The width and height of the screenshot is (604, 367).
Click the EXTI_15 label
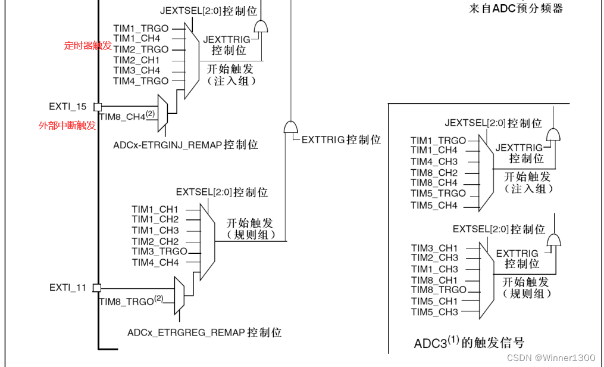click(x=67, y=107)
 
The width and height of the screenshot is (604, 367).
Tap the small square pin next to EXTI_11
click(x=97, y=288)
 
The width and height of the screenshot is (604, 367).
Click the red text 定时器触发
click(x=87, y=45)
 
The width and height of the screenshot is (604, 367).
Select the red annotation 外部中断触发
click(x=67, y=125)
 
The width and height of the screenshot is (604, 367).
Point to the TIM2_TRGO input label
click(x=141, y=49)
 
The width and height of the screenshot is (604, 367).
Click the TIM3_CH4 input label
click(x=137, y=70)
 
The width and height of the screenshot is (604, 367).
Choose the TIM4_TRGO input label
click(x=141, y=81)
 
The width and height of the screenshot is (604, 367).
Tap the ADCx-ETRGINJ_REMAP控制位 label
click(x=185, y=145)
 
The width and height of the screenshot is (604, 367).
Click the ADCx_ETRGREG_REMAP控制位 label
click(x=204, y=332)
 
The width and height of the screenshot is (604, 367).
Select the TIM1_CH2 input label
click(x=155, y=220)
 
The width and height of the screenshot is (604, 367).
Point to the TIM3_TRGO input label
click(x=159, y=251)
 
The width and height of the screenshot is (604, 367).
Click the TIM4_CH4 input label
click(x=155, y=262)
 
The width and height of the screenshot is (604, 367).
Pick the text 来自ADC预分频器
click(x=516, y=8)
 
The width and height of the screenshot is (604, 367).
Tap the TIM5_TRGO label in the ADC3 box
click(x=438, y=194)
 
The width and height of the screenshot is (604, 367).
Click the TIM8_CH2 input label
click(x=434, y=173)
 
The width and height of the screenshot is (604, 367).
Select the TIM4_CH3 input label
click(x=434, y=161)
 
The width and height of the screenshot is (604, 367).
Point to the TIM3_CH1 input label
click(x=434, y=248)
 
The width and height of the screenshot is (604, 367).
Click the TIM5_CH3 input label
click(x=434, y=312)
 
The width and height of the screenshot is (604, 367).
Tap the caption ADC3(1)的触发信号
click(x=469, y=343)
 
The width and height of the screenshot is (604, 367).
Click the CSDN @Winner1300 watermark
click(x=550, y=357)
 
